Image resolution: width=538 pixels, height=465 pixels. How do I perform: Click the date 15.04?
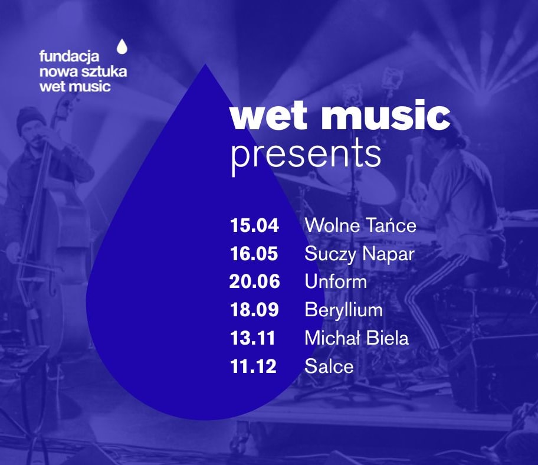[x=254, y=225]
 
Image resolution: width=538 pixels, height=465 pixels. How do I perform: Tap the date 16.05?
[x=254, y=254]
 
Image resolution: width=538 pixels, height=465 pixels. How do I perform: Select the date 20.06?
[x=255, y=281]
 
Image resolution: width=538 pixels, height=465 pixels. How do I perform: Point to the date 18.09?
[x=254, y=310]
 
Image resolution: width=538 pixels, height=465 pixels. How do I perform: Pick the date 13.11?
[x=253, y=338]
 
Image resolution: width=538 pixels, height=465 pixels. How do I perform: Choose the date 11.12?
[x=253, y=366]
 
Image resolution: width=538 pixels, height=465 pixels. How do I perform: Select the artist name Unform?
[x=336, y=281]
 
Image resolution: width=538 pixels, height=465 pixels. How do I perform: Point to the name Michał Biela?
[x=357, y=338]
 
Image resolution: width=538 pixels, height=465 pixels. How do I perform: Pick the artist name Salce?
[x=329, y=366]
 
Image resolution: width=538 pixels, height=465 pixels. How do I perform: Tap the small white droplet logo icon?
[x=122, y=47]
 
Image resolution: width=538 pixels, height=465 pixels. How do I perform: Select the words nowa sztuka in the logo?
[x=83, y=72]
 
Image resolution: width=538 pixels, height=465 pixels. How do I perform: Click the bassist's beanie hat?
[x=30, y=117]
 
